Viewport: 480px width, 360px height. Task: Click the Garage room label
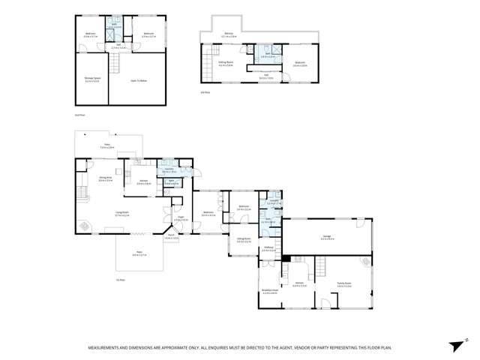coord(328,236)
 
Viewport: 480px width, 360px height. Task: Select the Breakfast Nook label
coord(270,291)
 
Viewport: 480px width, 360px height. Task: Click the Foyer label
coord(181,219)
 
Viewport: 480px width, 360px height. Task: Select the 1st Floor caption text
coord(120,279)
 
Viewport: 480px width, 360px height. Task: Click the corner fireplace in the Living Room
coord(83,225)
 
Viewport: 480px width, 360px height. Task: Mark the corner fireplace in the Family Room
coord(365,262)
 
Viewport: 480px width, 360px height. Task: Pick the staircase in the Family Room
coord(322,266)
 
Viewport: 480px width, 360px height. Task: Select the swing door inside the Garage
coord(362,223)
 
